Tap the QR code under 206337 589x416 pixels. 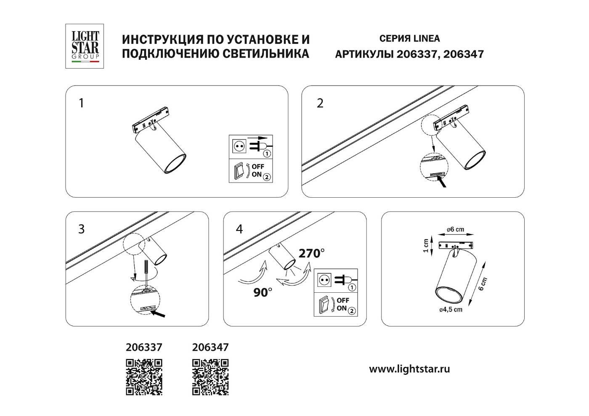[144, 377]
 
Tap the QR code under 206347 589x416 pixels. [210, 377]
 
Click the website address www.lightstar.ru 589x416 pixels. [409, 369]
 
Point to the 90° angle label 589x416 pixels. [263, 292]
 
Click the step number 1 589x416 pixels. [82, 103]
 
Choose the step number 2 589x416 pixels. [320, 103]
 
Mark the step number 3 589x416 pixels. [82, 229]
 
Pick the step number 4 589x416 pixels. [239, 229]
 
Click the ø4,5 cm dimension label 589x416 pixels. [451, 310]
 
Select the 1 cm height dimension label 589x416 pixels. [426, 246]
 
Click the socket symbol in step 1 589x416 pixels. [238, 146]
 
